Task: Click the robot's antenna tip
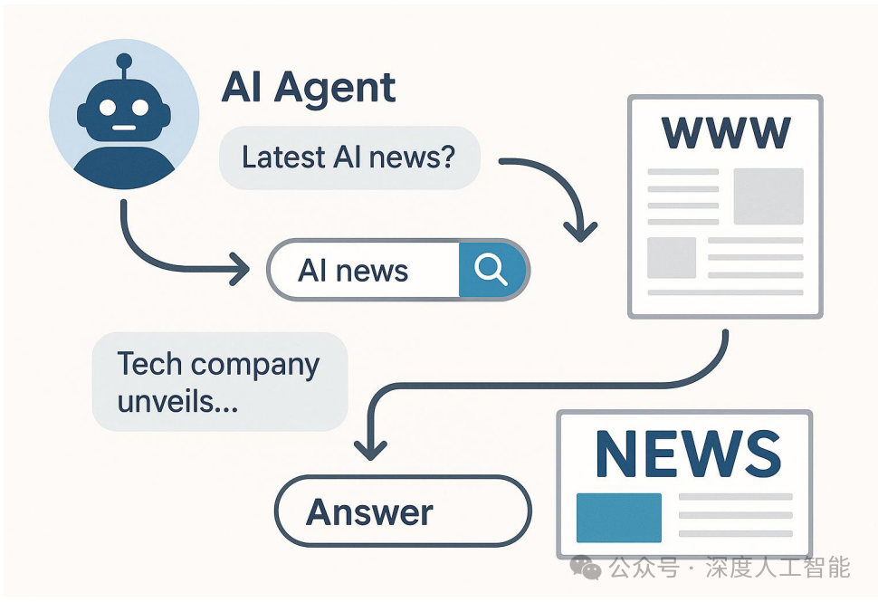tap(124, 62)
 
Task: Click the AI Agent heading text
tap(309, 88)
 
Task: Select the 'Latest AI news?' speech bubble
tap(348, 158)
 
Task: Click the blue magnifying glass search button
tap(491, 269)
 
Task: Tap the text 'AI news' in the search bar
tap(353, 271)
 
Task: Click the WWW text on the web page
tap(726, 133)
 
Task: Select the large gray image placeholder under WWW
tap(768, 196)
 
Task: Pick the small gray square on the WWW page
tap(672, 257)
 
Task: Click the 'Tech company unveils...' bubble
tap(219, 381)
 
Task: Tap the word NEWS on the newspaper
tap(688, 454)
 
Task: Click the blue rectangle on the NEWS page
tap(618, 517)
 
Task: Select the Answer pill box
tap(402, 512)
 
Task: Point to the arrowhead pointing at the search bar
tap(242, 269)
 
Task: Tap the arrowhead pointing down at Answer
tap(370, 446)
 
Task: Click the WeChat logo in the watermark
tap(585, 569)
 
